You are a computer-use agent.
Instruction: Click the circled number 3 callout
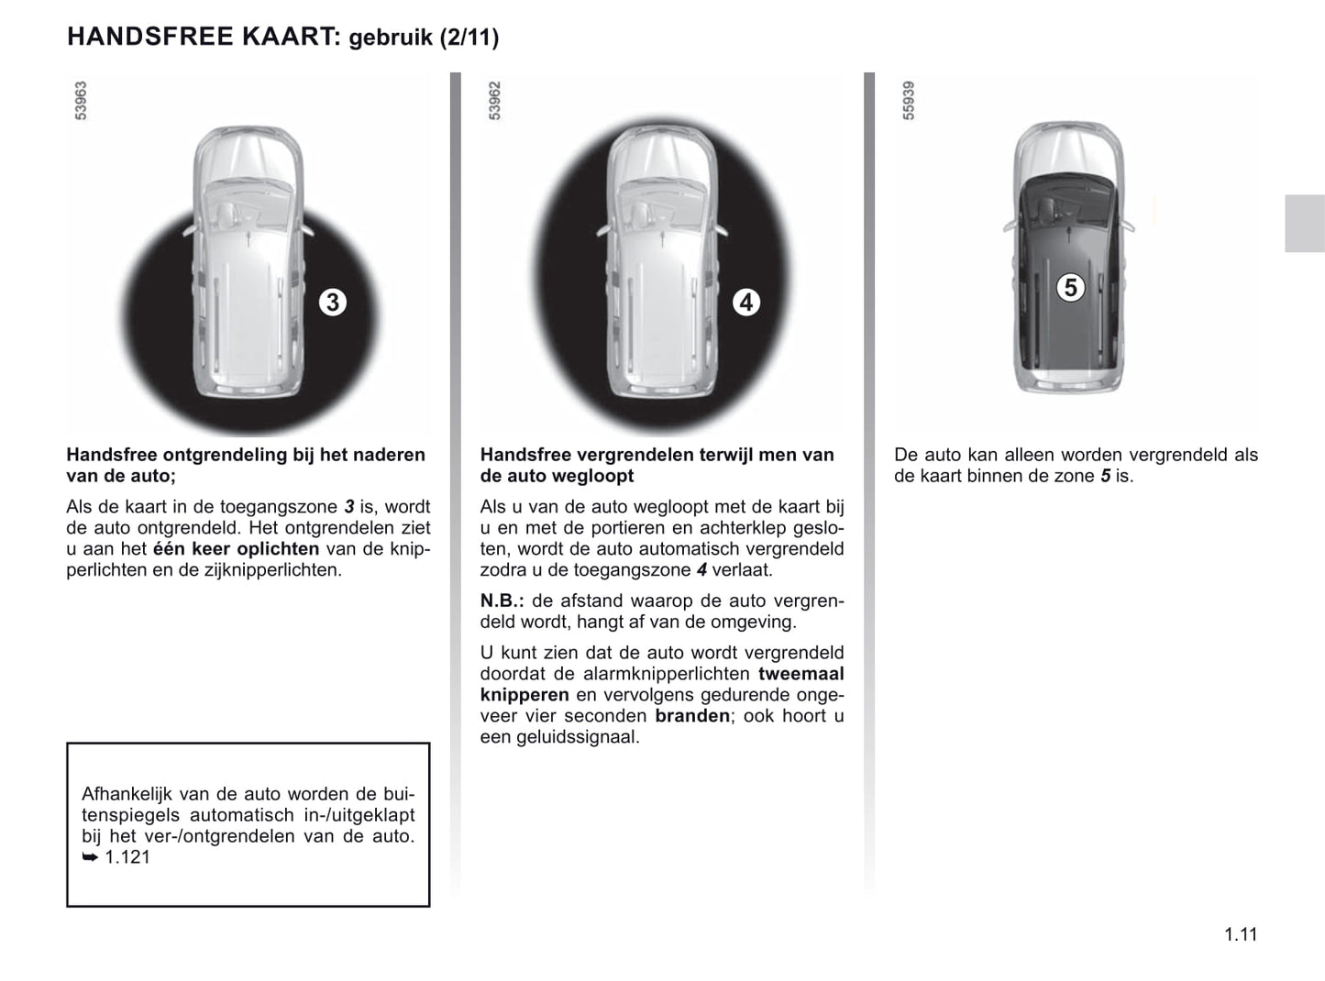[333, 302]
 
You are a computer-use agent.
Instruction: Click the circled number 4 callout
[746, 302]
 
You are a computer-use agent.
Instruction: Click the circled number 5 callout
[1070, 288]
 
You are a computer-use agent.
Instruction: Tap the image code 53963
[81, 100]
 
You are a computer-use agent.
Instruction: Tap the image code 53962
[495, 100]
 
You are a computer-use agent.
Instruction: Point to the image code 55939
[909, 100]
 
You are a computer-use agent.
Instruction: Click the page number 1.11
[1241, 934]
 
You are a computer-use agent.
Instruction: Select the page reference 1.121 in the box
[127, 857]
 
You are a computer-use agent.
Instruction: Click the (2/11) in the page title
[469, 38]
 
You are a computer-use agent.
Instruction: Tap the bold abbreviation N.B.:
[502, 601]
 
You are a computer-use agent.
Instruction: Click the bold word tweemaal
[801, 674]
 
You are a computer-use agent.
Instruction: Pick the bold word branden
[692, 716]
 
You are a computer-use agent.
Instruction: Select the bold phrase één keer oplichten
[236, 549]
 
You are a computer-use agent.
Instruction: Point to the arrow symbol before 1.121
[90, 858]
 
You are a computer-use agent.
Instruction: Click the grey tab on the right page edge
[1304, 223]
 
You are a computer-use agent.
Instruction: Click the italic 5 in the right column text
[1104, 476]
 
